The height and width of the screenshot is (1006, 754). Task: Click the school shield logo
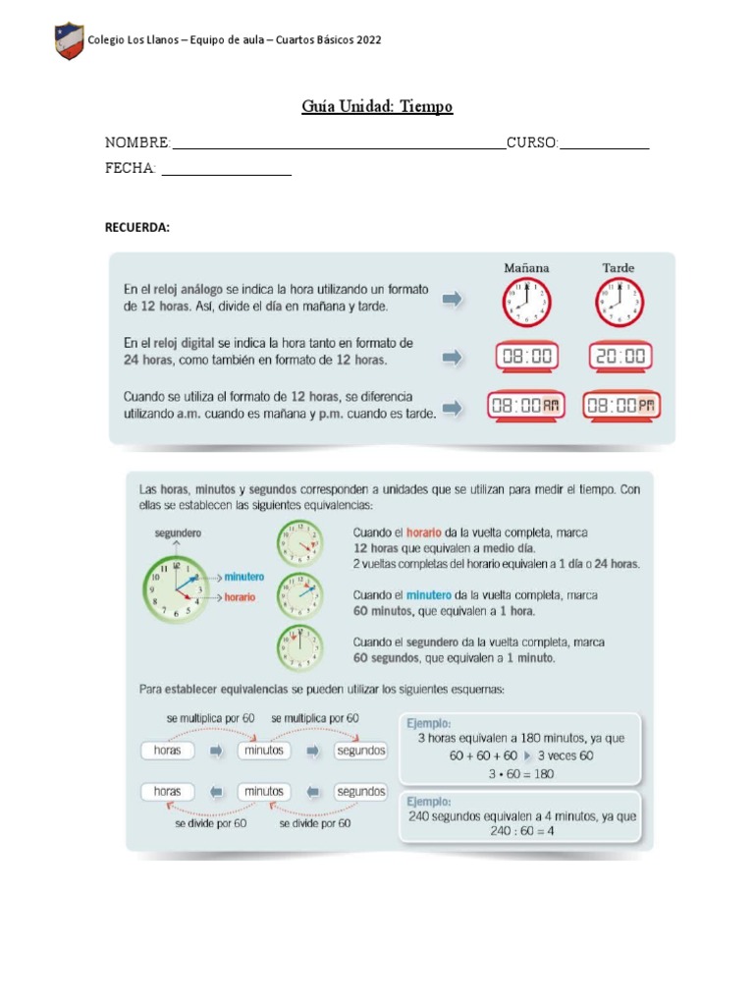click(69, 41)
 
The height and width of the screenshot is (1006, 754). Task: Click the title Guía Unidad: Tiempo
click(377, 106)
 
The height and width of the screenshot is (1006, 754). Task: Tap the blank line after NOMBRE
click(339, 147)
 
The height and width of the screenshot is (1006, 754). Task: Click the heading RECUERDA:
click(137, 228)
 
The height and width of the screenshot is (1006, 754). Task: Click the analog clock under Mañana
click(527, 303)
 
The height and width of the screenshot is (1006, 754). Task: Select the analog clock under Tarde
click(619, 303)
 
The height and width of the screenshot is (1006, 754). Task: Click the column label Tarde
click(619, 268)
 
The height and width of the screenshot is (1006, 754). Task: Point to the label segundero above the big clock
click(178, 532)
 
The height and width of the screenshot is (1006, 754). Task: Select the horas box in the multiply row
click(168, 751)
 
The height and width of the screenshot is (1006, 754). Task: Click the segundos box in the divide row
click(360, 791)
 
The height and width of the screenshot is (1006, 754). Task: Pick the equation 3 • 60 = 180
click(521, 773)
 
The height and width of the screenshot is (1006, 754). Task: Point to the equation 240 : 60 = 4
click(522, 831)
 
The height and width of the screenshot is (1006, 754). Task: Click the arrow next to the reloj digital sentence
click(452, 359)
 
